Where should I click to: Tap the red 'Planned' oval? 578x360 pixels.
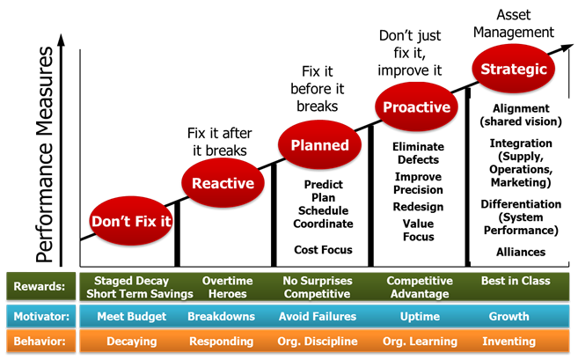tap(320, 145)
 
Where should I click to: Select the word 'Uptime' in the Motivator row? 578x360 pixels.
tap(420, 316)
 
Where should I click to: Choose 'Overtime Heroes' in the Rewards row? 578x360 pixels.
tap(228, 287)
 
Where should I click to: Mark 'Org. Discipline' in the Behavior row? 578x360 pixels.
tap(318, 342)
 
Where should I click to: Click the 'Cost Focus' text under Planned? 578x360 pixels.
tap(323, 250)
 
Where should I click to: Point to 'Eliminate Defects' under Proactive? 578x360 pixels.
tap(418, 154)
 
